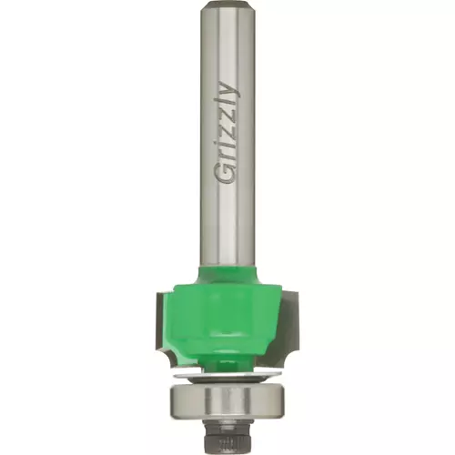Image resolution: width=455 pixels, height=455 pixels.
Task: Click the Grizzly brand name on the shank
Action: [x=227, y=133]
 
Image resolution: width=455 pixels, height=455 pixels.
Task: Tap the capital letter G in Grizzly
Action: [x=227, y=174]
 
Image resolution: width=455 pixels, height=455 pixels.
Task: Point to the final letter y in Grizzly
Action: [x=229, y=89]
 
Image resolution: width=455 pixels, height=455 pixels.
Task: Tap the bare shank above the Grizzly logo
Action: [x=227, y=45]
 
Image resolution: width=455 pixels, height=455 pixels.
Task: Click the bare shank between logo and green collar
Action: [x=227, y=225]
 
